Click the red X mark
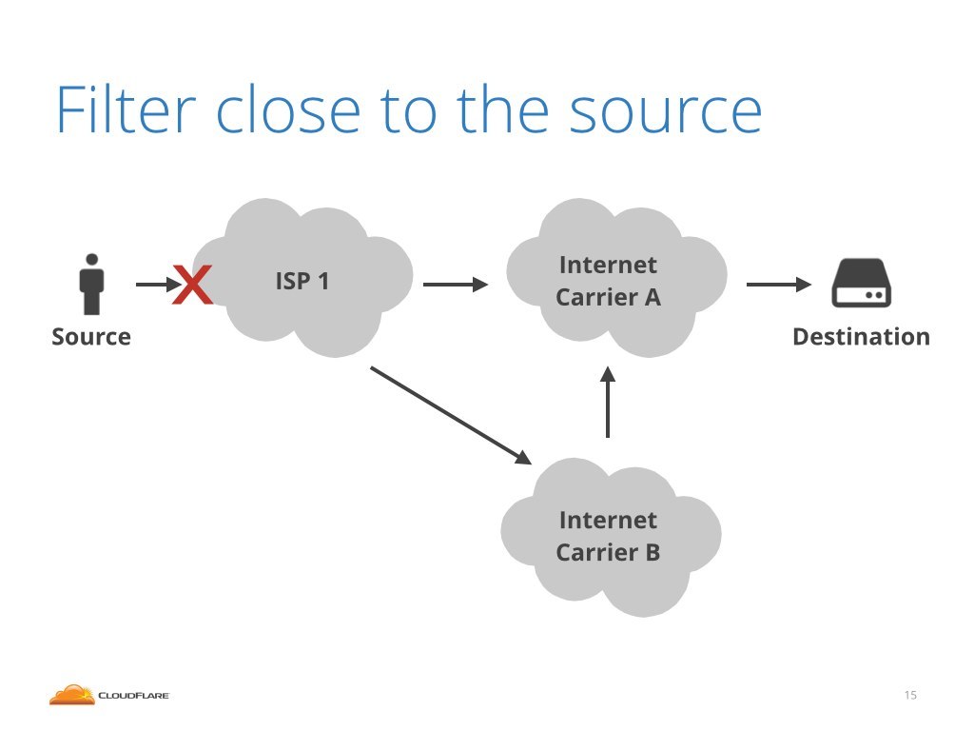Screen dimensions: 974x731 point(192,285)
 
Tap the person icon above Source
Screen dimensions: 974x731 point(92,284)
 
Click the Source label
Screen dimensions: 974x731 point(91,337)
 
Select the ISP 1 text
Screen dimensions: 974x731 point(302,282)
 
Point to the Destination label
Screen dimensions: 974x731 point(861,337)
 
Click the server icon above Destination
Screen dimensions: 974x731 point(862,283)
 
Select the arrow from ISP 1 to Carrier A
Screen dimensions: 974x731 point(456,285)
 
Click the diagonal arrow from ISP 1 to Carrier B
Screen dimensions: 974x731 point(451,415)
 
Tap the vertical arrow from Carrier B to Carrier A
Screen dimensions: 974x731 point(608,402)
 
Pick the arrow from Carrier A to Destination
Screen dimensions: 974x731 point(779,285)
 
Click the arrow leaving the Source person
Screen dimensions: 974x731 point(159,285)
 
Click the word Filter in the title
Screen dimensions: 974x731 point(127,110)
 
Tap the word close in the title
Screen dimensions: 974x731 point(288,110)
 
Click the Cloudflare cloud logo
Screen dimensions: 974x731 point(72,694)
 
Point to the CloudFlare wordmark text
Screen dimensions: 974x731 point(133,696)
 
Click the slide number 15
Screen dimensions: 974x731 point(910,695)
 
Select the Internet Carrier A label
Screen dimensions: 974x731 point(608,281)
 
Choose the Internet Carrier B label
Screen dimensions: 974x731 point(608,536)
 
